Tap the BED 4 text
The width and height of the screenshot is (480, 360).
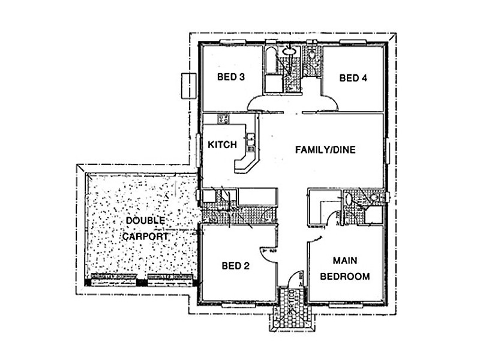click(353, 77)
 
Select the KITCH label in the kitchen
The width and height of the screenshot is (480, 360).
click(222, 145)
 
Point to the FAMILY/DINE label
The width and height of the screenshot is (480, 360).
click(325, 150)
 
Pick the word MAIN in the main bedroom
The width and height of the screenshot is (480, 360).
click(344, 261)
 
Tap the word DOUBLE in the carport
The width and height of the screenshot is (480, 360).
click(145, 221)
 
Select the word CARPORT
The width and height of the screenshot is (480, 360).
click(145, 236)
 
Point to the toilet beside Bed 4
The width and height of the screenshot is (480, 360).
click(313, 57)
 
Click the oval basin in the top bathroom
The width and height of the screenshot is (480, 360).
click(290, 53)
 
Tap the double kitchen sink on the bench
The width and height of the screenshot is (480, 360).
click(251, 142)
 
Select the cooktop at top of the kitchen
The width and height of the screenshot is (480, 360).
click(223, 119)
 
